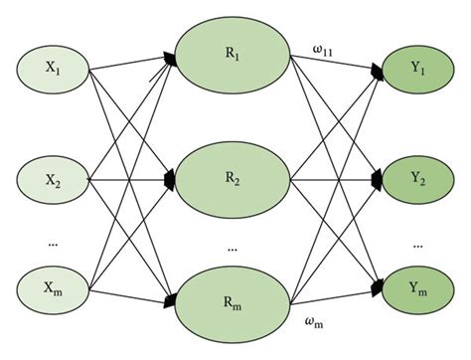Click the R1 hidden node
[x=234, y=57]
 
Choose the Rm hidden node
[x=234, y=301]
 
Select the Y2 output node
[x=418, y=180]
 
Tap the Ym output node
[x=418, y=289]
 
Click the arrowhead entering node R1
[x=171, y=59]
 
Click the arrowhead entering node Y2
[x=379, y=180]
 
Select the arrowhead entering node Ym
[x=379, y=289]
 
